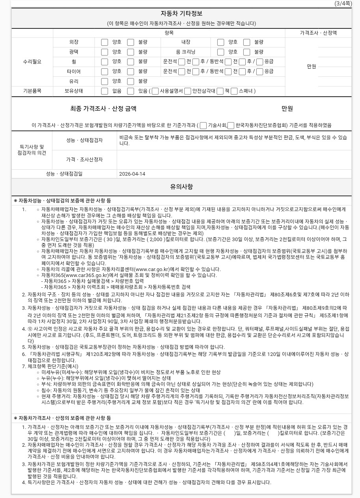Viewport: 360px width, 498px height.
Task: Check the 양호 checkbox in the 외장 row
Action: tap(104, 42)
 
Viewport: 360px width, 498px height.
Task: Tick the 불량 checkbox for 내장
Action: tap(247, 42)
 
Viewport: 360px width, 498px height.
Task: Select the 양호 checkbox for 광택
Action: tap(104, 52)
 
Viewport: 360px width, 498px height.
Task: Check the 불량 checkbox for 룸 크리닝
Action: tap(247, 52)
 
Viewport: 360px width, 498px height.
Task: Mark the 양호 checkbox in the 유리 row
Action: tap(104, 81)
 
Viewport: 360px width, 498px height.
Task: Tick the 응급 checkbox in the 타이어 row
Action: tap(260, 71)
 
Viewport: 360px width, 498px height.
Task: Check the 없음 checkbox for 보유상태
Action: tap(104, 91)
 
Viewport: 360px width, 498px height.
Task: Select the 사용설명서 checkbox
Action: tap(155, 91)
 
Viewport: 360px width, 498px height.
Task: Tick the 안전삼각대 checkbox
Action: tap(188, 91)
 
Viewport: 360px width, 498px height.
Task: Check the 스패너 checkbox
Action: tap(234, 91)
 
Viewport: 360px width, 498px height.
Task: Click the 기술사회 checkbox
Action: tap(203, 125)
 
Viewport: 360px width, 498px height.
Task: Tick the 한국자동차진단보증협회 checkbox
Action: tap(231, 125)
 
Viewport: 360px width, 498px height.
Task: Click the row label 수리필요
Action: tap(32, 62)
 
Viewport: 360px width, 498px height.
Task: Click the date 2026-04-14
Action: tap(132, 174)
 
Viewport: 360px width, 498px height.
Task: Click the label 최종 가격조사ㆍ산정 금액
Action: tap(103, 109)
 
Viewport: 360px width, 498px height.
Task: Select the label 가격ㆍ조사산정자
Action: tap(84, 159)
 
